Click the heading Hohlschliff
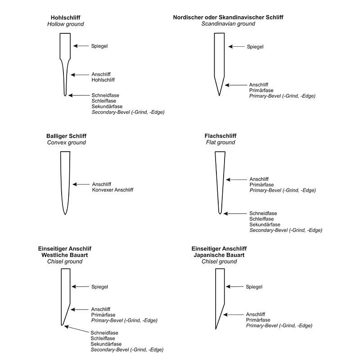click(x=65, y=17)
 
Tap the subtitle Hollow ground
click(x=65, y=23)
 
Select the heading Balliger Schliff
click(x=66, y=136)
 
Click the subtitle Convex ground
click(x=66, y=143)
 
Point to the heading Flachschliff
click(x=220, y=136)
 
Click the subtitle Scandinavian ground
click(x=228, y=23)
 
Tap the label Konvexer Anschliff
click(x=112, y=190)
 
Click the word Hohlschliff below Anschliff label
click(x=103, y=80)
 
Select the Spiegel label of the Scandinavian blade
click(x=255, y=46)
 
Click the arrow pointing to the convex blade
click(x=81, y=184)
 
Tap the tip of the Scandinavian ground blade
click(x=219, y=95)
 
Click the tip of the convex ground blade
click(x=65, y=214)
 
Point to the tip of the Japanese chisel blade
click(x=216, y=329)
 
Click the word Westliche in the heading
click(x=54, y=255)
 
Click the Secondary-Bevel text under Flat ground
click(x=286, y=230)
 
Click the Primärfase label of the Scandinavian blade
click(x=261, y=90)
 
